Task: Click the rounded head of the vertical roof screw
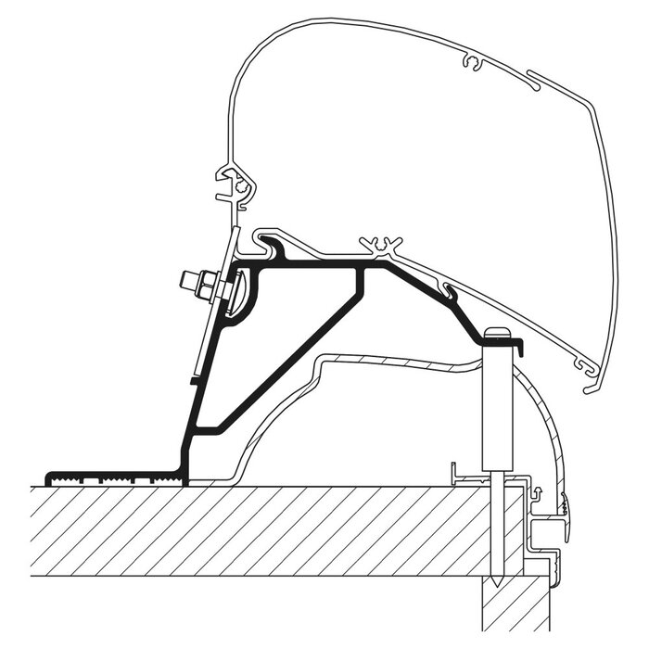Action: (498, 333)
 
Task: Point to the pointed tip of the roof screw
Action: (498, 581)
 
